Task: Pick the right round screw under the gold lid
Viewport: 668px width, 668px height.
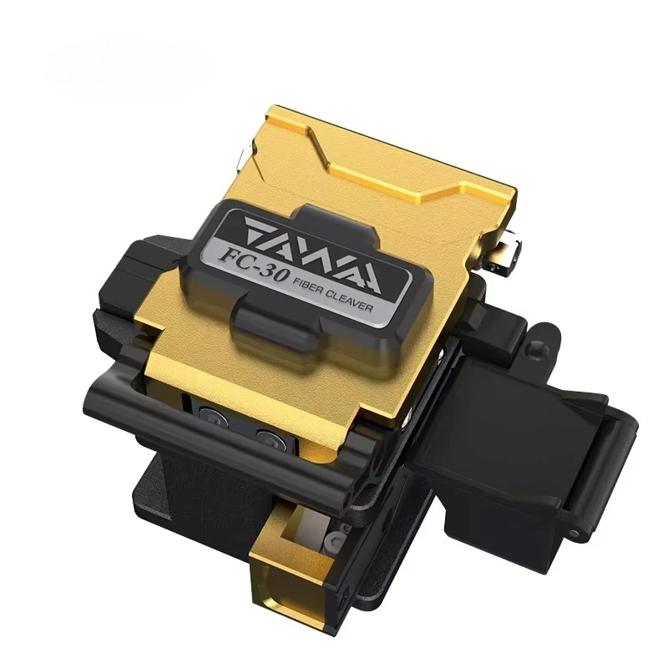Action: (x=270, y=438)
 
